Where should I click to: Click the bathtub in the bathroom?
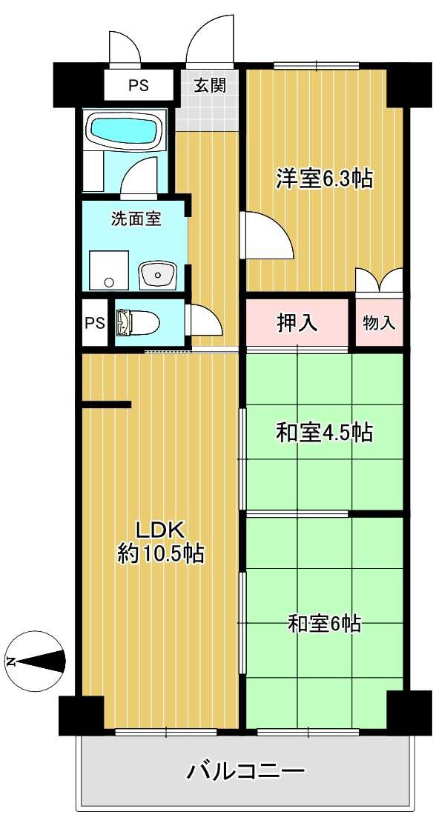point(125,131)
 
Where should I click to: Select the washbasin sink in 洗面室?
point(159,275)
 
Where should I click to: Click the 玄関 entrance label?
point(210,86)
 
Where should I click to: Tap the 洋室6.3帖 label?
point(324,179)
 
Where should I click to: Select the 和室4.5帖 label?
point(324,432)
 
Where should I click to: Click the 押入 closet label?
point(297,323)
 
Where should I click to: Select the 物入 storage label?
point(379,323)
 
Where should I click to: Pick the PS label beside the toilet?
point(95,323)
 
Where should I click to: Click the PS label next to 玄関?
point(138,86)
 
